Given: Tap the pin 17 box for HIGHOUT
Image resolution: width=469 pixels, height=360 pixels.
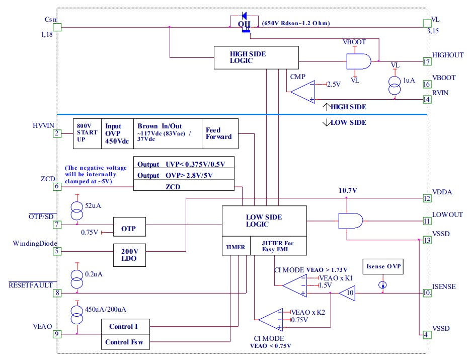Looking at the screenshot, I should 427,62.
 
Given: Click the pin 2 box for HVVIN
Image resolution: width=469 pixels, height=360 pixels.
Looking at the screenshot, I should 57,133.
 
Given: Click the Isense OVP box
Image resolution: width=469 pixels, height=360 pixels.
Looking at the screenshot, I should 383,267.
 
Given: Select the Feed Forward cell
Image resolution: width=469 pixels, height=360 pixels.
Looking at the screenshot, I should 219,133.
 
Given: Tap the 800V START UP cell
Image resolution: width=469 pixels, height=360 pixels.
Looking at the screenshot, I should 87,133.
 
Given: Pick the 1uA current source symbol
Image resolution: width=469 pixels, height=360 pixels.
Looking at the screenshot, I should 395,84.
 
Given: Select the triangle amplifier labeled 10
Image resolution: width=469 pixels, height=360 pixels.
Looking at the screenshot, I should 347,293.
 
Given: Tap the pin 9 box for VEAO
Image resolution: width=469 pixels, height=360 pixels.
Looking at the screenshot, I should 57,333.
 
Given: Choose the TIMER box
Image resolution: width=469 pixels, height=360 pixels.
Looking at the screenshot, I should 236,247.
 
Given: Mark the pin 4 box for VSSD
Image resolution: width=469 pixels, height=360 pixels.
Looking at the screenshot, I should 427,335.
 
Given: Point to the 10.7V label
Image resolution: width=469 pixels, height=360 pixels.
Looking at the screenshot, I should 347,191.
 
